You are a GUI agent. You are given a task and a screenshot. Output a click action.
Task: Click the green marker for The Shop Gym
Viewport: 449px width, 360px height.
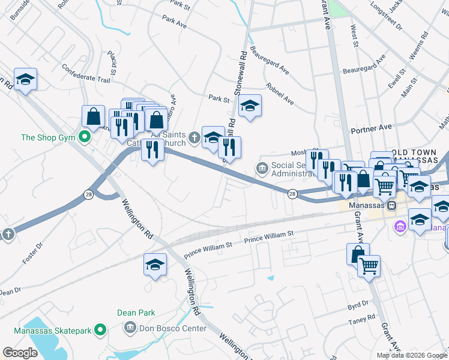[85, 137]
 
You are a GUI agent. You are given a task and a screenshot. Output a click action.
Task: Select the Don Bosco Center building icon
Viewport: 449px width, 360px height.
[130, 328]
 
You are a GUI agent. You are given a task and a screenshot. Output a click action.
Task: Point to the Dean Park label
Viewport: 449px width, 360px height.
[136, 313]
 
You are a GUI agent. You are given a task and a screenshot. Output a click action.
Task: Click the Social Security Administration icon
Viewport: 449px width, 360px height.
[262, 167]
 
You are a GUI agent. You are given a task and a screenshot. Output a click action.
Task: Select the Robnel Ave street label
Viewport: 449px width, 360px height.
[279, 94]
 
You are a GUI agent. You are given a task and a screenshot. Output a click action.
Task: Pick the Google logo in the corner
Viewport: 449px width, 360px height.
[20, 353]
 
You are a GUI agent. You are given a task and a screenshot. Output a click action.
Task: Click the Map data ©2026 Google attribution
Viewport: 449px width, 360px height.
[411, 355]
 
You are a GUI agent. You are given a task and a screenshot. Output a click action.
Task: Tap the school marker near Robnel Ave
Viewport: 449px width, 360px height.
[250, 107]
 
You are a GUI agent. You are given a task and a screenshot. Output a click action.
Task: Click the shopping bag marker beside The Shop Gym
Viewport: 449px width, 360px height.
[94, 116]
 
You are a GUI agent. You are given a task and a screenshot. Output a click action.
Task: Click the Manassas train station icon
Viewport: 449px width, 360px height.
[391, 205]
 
